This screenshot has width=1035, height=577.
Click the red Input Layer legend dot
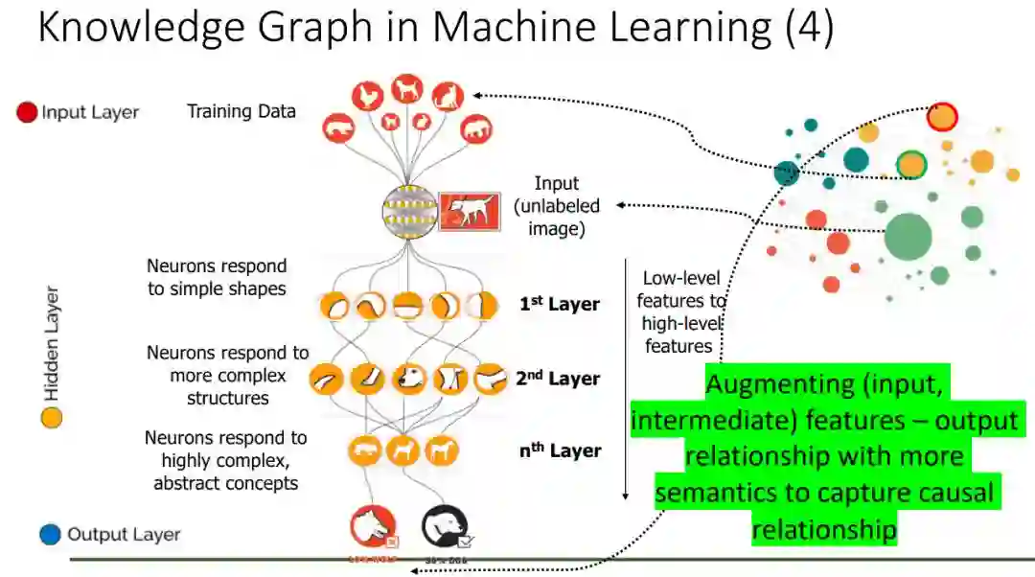coord(27,112)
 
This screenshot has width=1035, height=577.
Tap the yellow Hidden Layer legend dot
coord(52,418)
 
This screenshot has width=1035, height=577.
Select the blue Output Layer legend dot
coord(51,534)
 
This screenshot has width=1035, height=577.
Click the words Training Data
coord(241,111)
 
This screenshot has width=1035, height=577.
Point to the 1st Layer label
coord(560,305)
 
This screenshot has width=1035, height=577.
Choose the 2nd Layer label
coord(558,378)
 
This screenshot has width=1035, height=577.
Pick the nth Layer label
coord(560,450)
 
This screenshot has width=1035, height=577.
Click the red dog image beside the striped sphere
coord(470,211)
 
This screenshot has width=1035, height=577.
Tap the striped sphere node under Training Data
coord(409,212)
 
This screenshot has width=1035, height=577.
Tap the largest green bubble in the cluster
coord(908,236)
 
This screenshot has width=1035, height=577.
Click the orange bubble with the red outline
coord(942,117)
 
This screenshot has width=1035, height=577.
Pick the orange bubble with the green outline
coord(911,165)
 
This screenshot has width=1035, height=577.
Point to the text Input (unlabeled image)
coord(557,206)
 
